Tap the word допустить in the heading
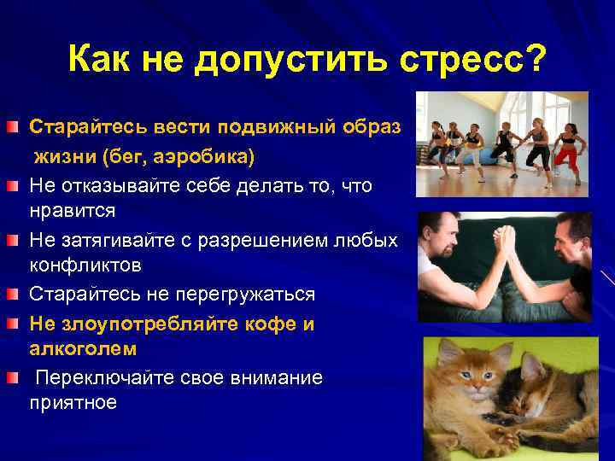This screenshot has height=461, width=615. pyautogui.click(x=297, y=60)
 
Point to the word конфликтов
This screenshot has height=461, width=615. pyautogui.click(x=85, y=266)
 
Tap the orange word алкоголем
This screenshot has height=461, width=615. pyautogui.click(x=83, y=349)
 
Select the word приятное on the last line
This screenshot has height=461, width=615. pyautogui.click(x=73, y=403)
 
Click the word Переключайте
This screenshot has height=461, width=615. pyautogui.click(x=103, y=377)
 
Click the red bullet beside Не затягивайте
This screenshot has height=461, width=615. pyautogui.click(x=14, y=242)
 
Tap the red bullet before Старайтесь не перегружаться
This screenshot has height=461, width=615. pyautogui.click(x=14, y=295)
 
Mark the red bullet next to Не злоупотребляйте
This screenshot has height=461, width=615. pyautogui.click(x=14, y=324)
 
